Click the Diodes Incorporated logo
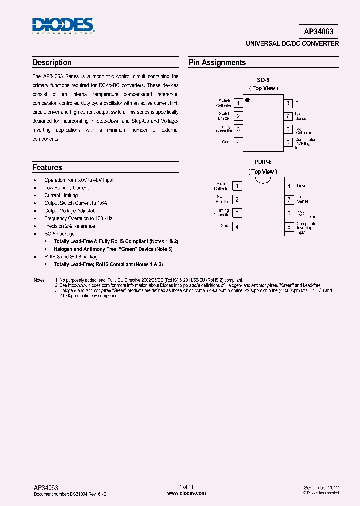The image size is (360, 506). click(x=63, y=26)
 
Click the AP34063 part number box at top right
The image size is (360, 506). click(x=321, y=32)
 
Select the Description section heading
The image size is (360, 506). click(x=52, y=63)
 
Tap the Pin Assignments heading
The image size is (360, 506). click(x=217, y=63)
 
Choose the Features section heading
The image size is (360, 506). click(x=47, y=168)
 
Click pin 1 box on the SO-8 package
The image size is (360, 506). click(x=238, y=103)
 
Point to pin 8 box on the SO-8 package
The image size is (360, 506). click(x=288, y=103)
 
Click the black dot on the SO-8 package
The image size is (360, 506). click(x=247, y=100)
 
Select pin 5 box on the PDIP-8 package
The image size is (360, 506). click(x=288, y=226)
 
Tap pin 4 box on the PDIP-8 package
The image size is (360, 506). click(x=237, y=226)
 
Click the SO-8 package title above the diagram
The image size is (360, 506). click(x=263, y=79)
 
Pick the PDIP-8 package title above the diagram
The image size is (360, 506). click(x=263, y=162)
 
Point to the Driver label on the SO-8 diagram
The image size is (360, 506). click(x=301, y=103)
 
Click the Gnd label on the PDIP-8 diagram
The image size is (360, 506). click(x=225, y=226)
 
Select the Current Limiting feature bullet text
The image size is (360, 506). click(x=61, y=195)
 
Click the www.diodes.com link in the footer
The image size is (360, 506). click(x=186, y=493)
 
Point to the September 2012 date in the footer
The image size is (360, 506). click(x=321, y=487)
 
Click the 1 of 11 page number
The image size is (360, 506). click(x=186, y=487)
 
